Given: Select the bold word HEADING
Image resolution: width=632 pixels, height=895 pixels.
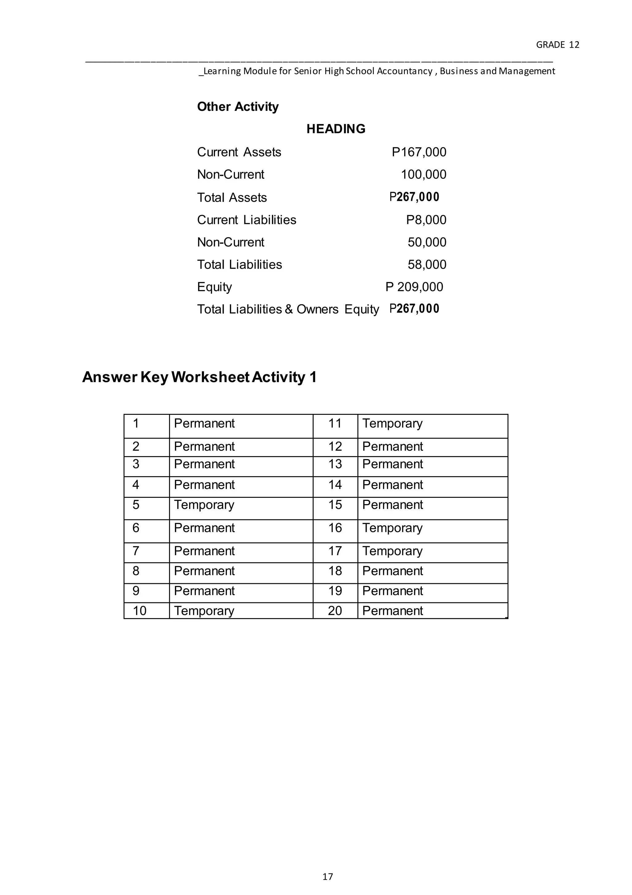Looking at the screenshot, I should pos(336,129).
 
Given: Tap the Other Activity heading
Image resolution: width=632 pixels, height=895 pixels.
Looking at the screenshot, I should pos(238,107).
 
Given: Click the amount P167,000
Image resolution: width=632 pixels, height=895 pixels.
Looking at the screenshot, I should pos(419,152).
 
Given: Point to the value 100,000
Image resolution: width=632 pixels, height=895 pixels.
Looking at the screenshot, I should pos(423,174).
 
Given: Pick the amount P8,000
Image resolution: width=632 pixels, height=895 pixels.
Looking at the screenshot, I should pos(426,220).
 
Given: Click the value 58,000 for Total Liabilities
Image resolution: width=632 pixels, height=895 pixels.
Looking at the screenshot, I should pos(427,265).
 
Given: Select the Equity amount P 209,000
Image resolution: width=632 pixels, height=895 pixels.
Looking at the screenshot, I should pos(414,287).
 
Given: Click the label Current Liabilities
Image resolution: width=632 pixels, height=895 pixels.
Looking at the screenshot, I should pos(246,220).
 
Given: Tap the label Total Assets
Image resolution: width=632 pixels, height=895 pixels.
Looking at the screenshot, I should pos(232,198).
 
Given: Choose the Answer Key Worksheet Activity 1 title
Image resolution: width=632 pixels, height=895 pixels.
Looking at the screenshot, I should pos(199,377).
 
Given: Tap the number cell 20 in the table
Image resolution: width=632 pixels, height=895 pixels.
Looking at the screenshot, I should pos(335,610).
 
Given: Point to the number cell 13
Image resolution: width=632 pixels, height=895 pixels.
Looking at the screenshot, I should pos(335,464).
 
